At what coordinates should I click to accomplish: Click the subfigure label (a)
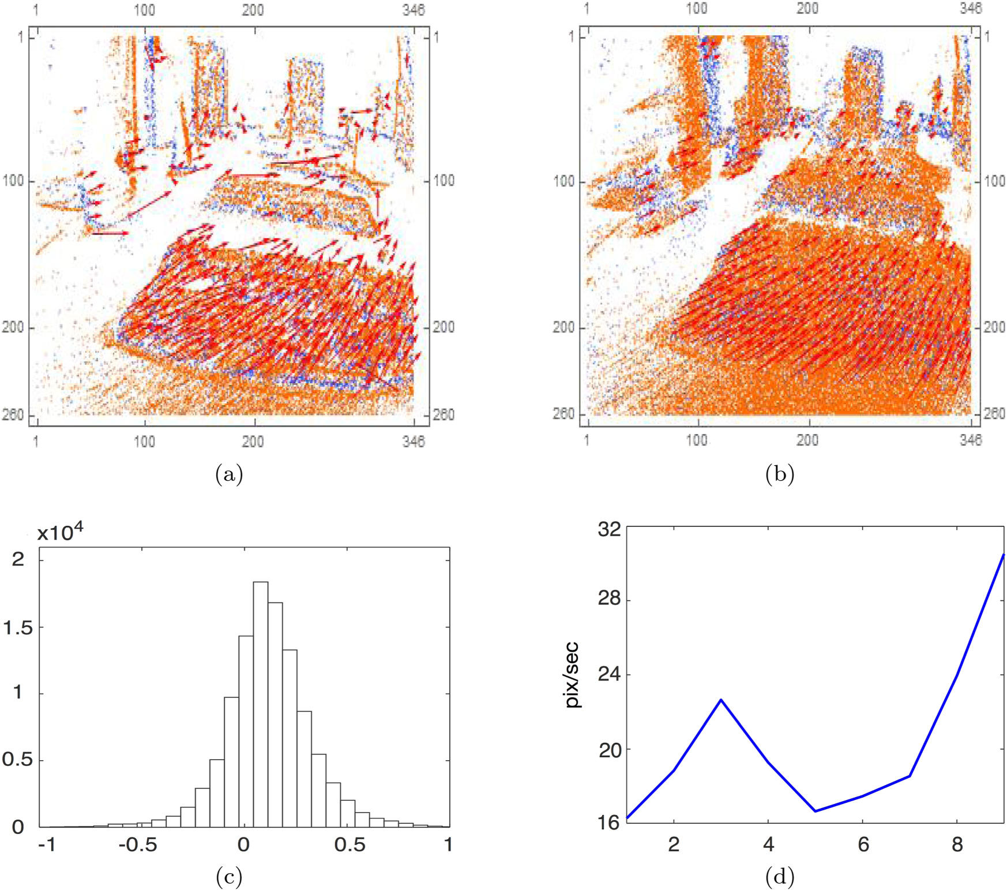[229, 475]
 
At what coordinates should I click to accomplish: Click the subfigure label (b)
[780, 475]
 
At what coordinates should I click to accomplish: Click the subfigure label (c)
[229, 877]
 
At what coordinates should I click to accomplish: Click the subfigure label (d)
[780, 877]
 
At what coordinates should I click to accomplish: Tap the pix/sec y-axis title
[573, 675]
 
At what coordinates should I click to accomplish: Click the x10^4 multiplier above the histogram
[60, 532]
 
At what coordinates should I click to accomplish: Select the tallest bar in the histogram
[260, 704]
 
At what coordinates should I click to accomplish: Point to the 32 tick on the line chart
[609, 529]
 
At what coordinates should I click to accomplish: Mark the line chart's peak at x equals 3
[721, 700]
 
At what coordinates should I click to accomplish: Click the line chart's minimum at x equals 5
[816, 811]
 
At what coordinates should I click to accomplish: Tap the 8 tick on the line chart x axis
[957, 845]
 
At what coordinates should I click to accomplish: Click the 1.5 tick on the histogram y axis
[18, 627]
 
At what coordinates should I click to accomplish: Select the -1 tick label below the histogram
[47, 845]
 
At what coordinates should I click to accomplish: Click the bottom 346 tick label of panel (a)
[414, 442]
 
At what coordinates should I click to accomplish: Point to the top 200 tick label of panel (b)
[807, 9]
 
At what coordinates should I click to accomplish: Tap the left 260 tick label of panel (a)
[13, 414]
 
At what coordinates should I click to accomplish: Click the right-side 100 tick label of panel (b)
[994, 181]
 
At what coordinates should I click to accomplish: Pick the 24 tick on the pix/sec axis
[609, 674]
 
